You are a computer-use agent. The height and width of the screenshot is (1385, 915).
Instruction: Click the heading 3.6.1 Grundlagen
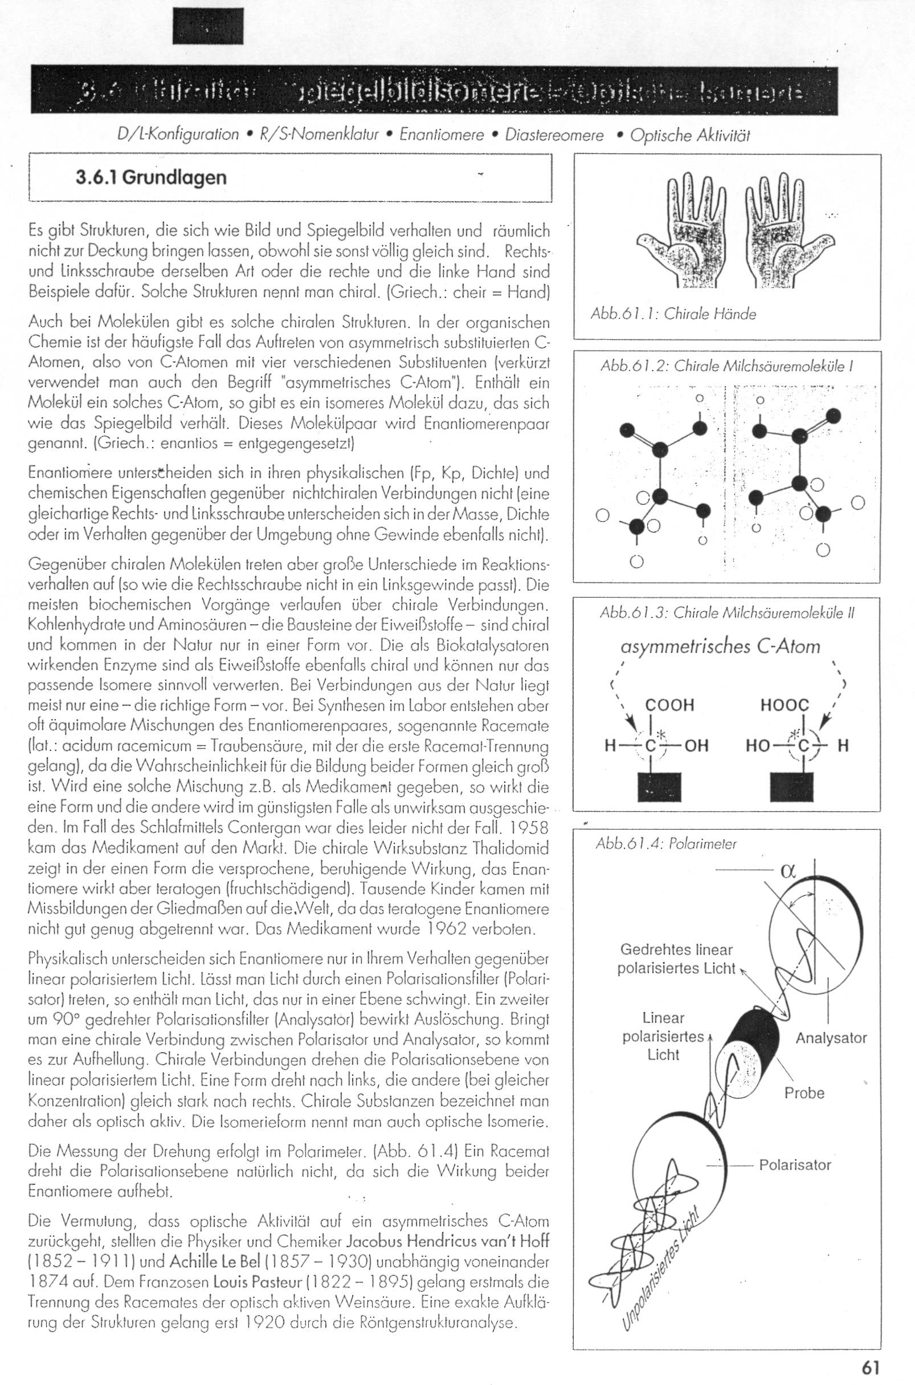click(150, 177)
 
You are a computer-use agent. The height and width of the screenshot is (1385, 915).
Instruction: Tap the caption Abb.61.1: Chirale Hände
click(673, 314)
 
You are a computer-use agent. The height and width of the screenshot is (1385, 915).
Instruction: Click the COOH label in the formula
click(669, 705)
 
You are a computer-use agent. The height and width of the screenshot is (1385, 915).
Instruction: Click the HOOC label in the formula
click(785, 705)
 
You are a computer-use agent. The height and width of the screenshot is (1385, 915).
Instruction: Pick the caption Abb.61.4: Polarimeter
click(666, 844)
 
